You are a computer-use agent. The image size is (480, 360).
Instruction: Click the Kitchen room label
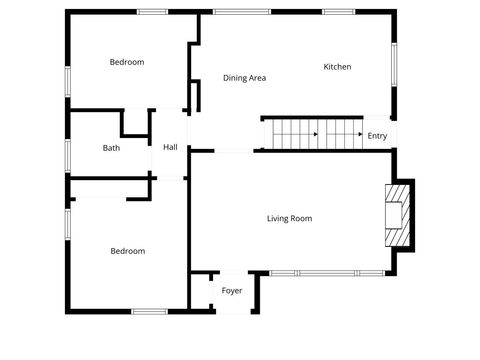point(337,67)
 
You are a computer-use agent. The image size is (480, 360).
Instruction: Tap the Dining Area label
point(244,77)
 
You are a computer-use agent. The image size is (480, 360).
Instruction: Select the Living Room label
point(290,218)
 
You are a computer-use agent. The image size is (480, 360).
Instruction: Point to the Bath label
point(111,148)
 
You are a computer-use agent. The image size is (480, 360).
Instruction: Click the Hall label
point(170,148)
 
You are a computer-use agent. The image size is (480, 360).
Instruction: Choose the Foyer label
point(232,291)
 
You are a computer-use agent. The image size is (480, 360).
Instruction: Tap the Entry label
point(377,136)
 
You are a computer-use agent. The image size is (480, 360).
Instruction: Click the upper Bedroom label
point(127,62)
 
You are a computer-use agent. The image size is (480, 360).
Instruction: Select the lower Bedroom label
point(127,251)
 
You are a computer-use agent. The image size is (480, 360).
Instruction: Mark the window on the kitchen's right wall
point(395,65)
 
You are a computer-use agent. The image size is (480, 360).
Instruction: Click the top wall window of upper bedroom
point(152,12)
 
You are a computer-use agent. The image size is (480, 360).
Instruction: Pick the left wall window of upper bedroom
point(67,80)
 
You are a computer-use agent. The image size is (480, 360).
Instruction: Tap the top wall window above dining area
point(241,12)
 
